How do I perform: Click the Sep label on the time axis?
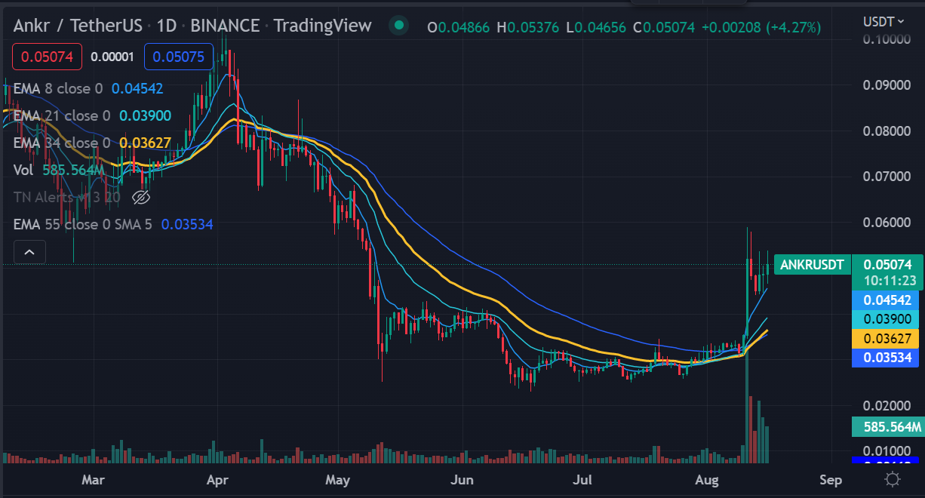point(831,480)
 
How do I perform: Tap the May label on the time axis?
point(338,480)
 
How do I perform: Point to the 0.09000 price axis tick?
point(886,85)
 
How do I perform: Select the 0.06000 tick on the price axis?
point(886,223)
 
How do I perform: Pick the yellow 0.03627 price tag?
point(887,339)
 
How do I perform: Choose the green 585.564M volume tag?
point(887,427)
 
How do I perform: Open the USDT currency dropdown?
point(883,21)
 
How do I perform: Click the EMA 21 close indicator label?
point(62,116)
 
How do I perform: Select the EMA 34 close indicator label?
point(62,143)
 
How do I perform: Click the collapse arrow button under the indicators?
point(29,252)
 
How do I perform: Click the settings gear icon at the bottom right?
point(892,479)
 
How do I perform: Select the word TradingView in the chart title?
point(322,26)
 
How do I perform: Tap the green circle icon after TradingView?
point(398,26)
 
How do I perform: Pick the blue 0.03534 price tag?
point(887,358)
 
